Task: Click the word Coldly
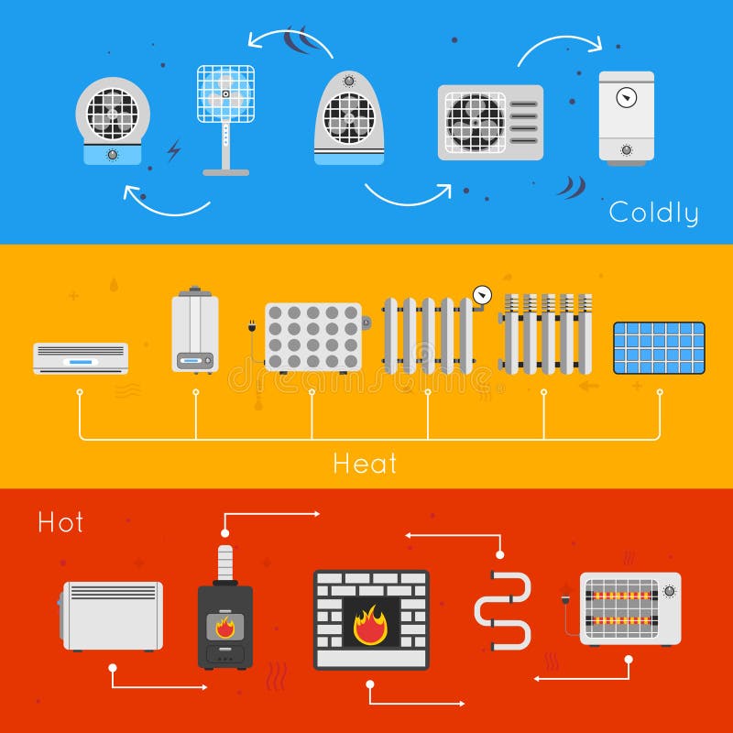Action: (653, 213)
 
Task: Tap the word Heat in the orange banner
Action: (365, 463)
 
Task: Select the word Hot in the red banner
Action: (60, 522)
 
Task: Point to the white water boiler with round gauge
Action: (627, 116)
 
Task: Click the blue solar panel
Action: (659, 348)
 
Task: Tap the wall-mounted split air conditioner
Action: (81, 358)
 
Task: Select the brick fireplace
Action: (371, 619)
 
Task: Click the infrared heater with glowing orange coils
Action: (629, 608)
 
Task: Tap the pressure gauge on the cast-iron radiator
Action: (482, 295)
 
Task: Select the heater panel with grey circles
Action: (312, 337)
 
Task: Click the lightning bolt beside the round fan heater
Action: (173, 150)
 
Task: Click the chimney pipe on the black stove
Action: (225, 562)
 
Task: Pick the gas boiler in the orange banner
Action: (195, 332)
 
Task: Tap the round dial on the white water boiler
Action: (627, 97)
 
